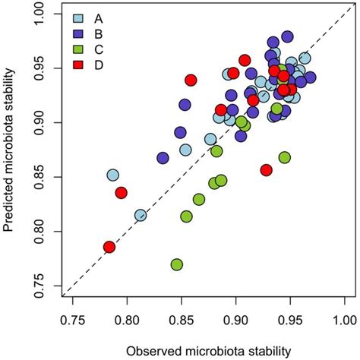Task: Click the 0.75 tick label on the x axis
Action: click(x=73, y=312)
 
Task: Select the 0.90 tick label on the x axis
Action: click(x=236, y=312)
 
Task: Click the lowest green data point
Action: click(x=177, y=264)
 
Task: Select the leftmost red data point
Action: click(x=109, y=247)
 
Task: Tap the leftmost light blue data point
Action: click(x=113, y=175)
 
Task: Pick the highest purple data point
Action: click(x=287, y=36)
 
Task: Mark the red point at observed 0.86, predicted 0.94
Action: click(x=191, y=80)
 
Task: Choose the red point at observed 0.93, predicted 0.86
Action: click(x=266, y=169)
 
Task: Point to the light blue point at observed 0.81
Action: click(x=141, y=216)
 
